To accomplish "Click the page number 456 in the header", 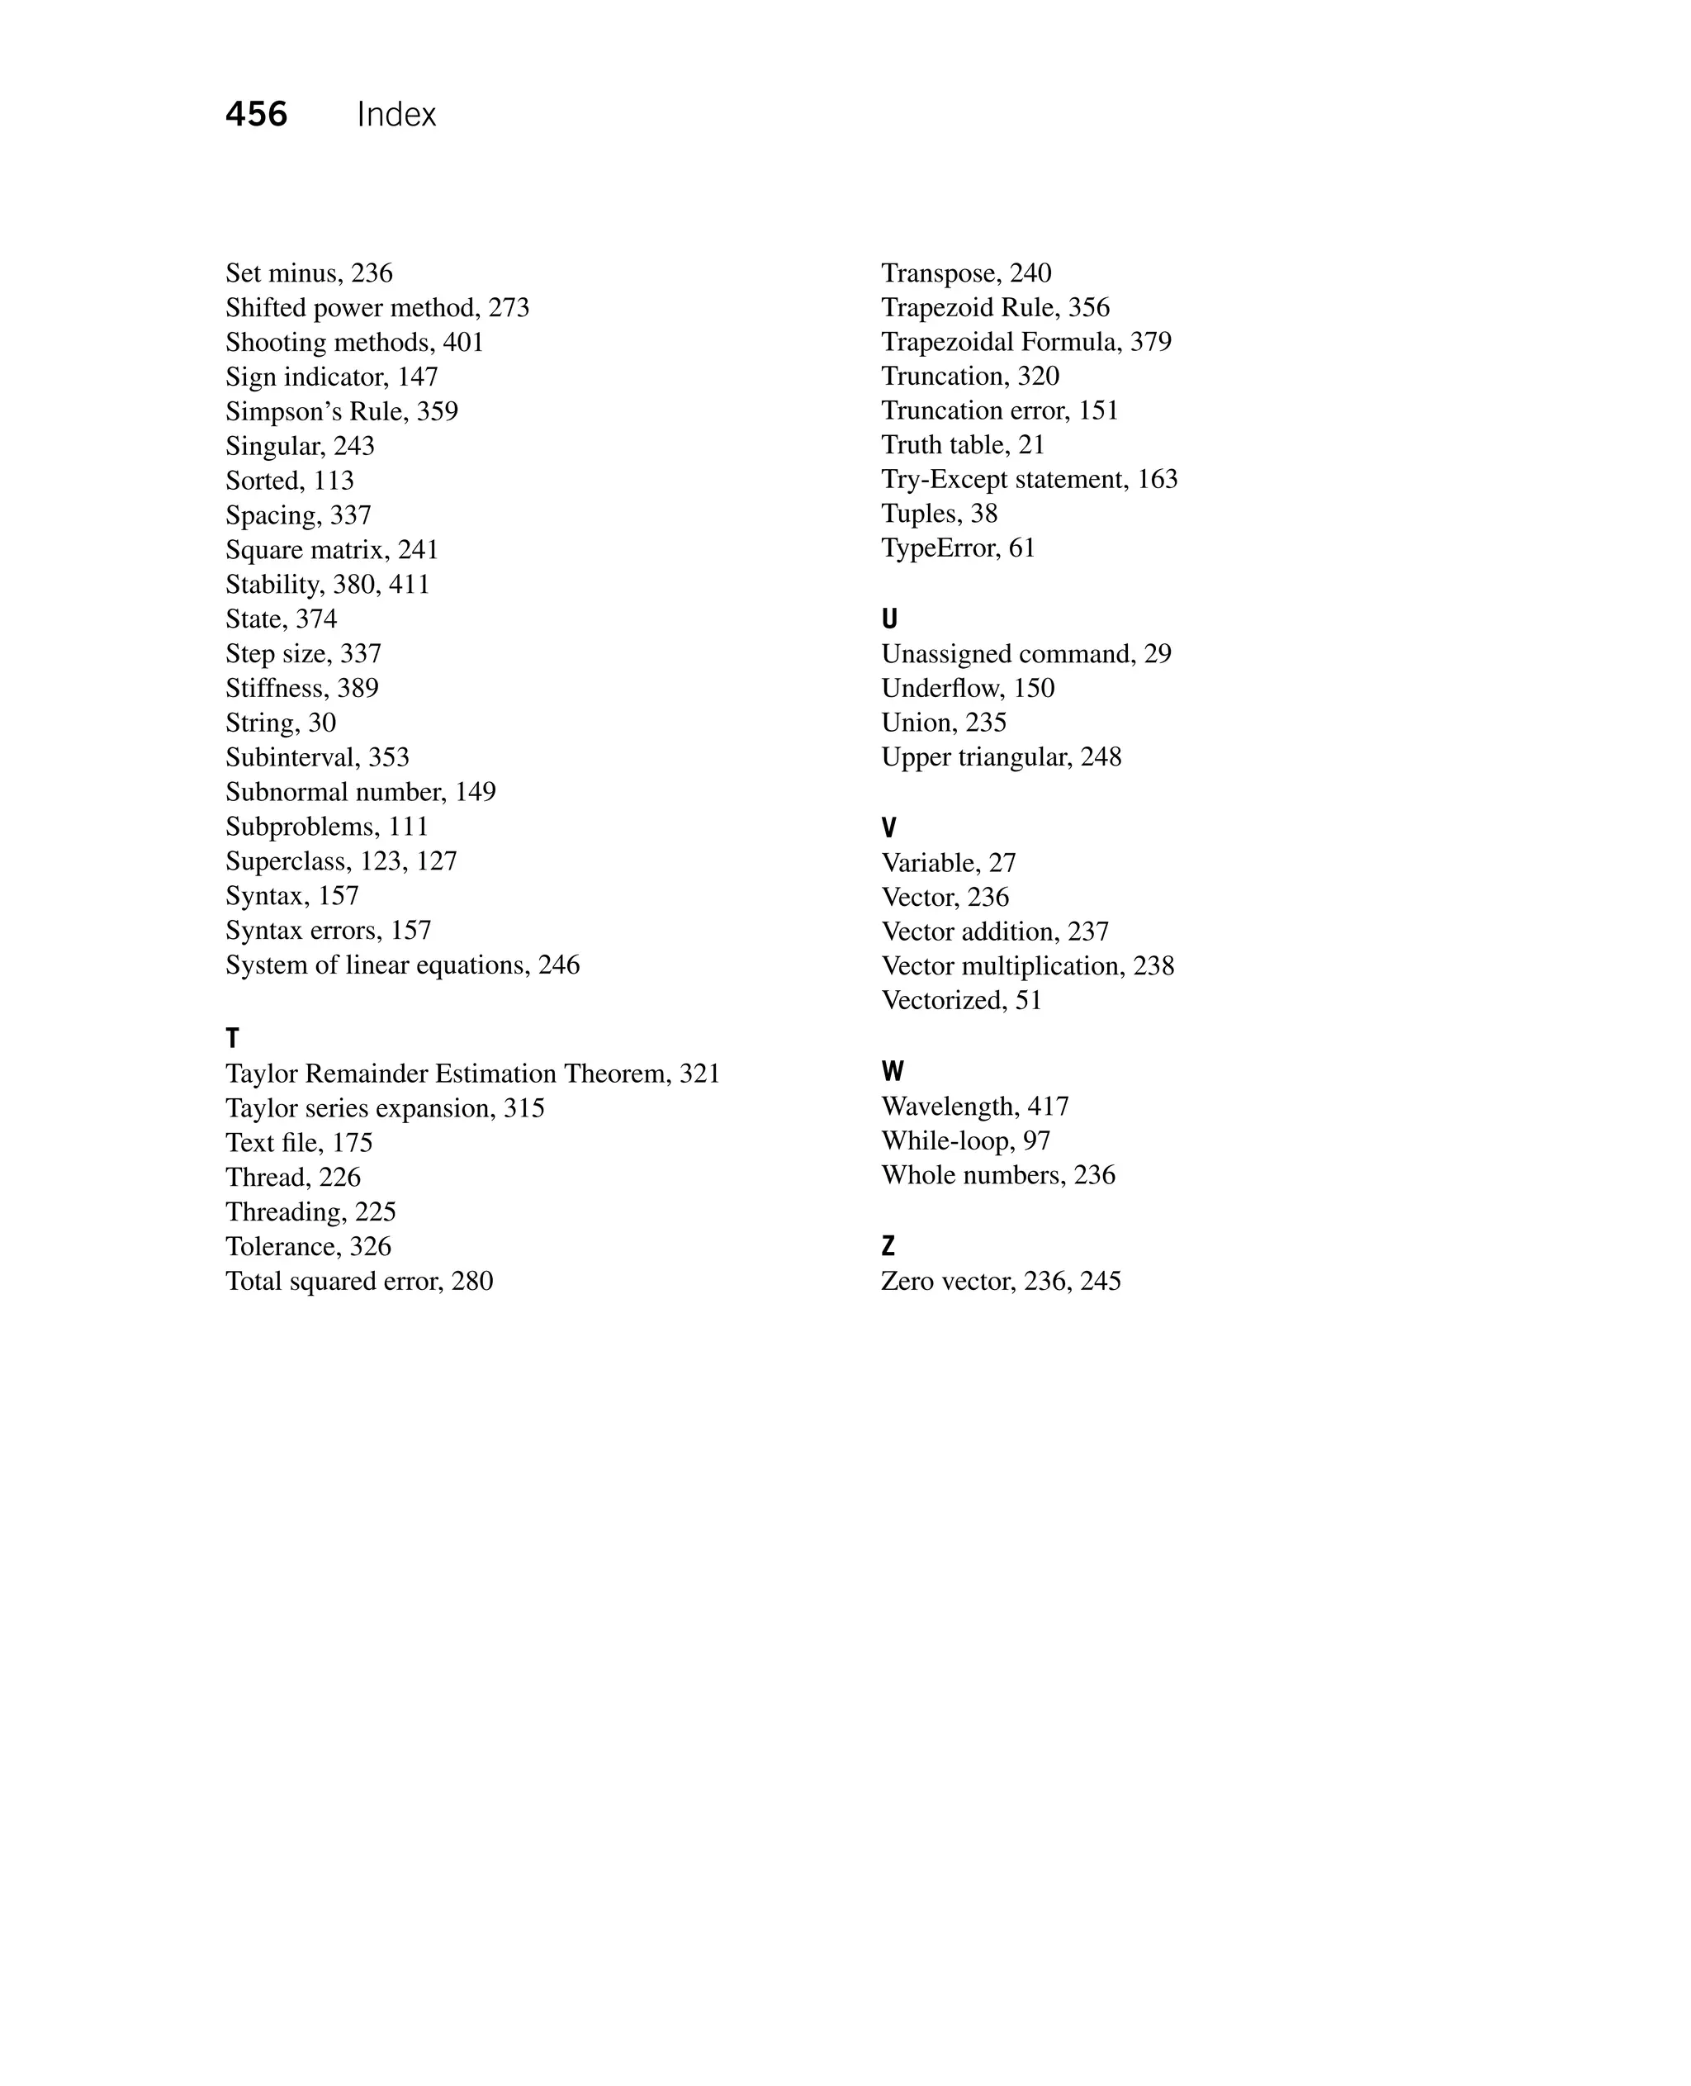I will pos(256,115).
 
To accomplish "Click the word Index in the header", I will pos(396,115).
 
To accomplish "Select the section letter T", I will pos(232,1039).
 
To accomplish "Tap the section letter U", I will pos(889,619).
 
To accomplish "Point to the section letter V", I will pos(888,828).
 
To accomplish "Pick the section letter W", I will pos(893,1072).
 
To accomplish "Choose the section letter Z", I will pos(888,1246).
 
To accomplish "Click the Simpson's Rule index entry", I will pos(341,411).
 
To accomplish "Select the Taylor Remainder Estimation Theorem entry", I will pos(472,1074).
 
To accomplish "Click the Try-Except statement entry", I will pos(1029,479).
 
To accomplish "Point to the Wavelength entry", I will pos(974,1107).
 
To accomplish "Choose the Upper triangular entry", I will pos(1001,757).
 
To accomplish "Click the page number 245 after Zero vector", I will pos(1100,1281).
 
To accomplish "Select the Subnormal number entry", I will pos(360,792).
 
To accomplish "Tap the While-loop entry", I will pos(965,1141).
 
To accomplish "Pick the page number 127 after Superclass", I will pos(437,861).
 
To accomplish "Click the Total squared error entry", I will pos(358,1281).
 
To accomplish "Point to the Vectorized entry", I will pos(960,1001).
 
